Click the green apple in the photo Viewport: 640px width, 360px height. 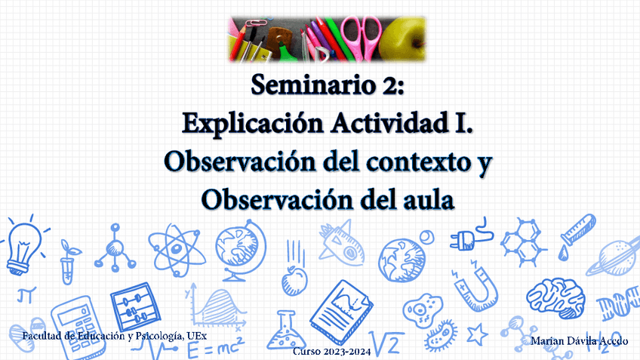[402, 39]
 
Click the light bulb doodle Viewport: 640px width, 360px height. [23, 246]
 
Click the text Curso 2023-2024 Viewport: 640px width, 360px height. [331, 352]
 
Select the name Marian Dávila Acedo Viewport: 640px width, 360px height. [580, 342]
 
